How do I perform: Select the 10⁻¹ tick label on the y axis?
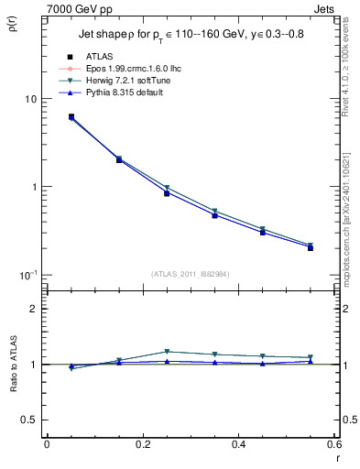26,276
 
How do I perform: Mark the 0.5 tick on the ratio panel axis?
27,420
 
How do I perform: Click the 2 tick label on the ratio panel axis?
31,309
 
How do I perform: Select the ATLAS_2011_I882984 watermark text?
190,275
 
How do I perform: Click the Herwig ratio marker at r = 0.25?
167,352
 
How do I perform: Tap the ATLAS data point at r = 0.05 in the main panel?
71,117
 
